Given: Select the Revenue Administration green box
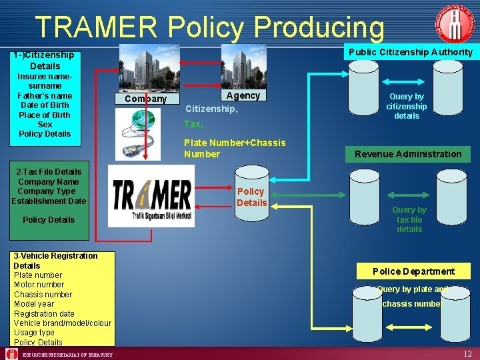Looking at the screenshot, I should [408, 154].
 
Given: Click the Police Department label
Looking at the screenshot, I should [413, 271].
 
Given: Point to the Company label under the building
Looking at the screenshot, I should [146, 99].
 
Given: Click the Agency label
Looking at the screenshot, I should [243, 95].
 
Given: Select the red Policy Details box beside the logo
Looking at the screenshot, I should [251, 197].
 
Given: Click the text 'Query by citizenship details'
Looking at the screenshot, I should [407, 106].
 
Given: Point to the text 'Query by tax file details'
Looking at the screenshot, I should [409, 219].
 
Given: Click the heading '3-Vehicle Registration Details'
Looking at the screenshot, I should [55, 261].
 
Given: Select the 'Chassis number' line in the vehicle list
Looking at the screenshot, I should [43, 295].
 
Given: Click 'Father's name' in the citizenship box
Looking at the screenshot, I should [45, 95].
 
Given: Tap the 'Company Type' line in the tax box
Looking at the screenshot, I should [47, 191].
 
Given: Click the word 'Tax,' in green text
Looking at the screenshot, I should [193, 124].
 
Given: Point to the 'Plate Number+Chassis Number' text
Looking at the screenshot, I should [235, 148].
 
